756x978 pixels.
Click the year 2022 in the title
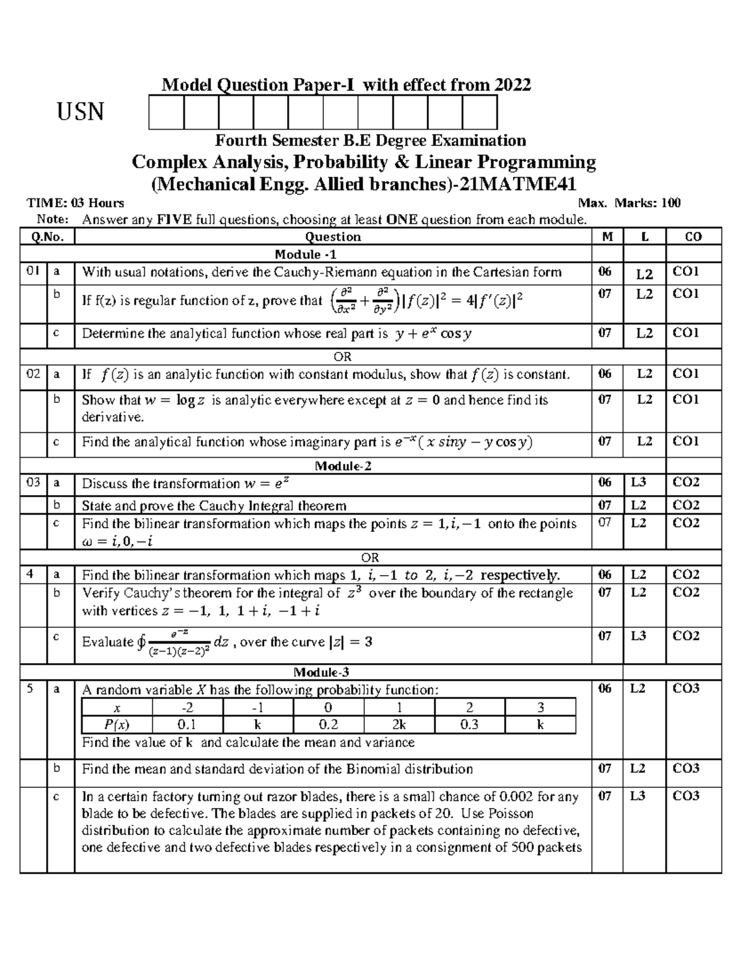[x=512, y=84]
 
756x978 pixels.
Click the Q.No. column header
[x=47, y=237]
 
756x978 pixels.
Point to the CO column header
[x=693, y=237]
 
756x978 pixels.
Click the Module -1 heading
[x=306, y=254]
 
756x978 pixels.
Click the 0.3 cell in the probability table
[x=469, y=724]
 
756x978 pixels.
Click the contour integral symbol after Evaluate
[x=141, y=642]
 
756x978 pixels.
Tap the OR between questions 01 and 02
[x=343, y=356]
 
